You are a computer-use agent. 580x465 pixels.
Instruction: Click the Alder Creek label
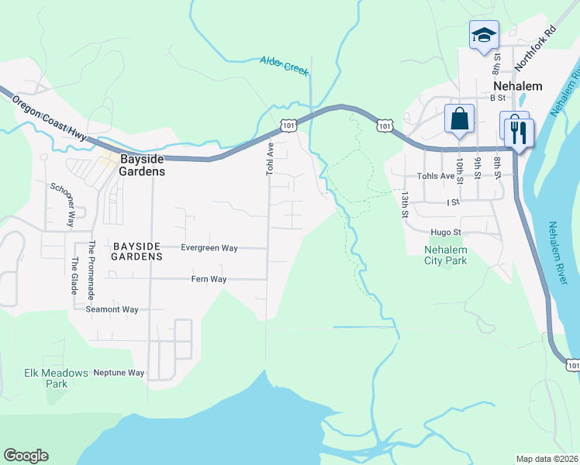coord(284,66)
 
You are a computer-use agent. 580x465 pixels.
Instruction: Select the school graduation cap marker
coord(484,36)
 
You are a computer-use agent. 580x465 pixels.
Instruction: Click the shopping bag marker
coord(459,119)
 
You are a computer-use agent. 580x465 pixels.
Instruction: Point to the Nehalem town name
coord(517,85)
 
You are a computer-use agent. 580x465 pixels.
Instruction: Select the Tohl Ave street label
coord(271,157)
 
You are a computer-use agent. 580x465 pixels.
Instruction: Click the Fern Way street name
coord(209,279)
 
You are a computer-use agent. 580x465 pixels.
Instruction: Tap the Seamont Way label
coord(112,309)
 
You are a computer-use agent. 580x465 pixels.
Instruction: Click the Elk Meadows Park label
coord(56,377)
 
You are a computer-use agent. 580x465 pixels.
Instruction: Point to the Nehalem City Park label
coord(446,255)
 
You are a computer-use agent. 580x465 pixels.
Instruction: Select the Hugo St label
coord(446,232)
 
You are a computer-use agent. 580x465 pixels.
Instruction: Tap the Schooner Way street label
coord(61,205)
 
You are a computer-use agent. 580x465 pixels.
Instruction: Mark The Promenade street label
coord(91,270)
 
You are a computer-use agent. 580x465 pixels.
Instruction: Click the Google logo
coord(26,456)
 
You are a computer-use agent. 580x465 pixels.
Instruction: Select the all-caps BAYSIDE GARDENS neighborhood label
coord(137,250)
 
